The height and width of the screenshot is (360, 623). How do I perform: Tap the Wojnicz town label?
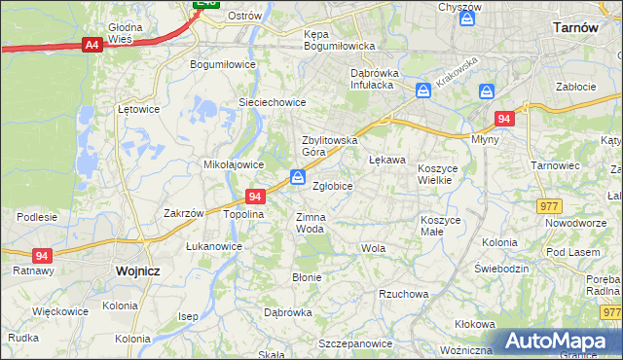pos(136,271)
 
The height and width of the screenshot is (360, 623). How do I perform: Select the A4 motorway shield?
pos(92,44)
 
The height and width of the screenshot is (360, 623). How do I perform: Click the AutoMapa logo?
pos(558,342)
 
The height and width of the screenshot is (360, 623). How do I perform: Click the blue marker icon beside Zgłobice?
pos(298,177)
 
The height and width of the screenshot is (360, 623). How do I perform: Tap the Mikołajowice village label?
pos(234,164)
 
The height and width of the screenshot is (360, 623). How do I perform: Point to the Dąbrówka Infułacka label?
pos(384,78)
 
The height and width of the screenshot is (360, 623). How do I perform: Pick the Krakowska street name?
pos(457,73)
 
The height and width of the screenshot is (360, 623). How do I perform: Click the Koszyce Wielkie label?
pos(444,174)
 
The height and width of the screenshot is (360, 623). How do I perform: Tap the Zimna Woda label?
pos(310,223)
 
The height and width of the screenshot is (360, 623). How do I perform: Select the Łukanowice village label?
pos(214,246)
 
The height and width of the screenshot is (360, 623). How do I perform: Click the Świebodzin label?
pos(500,269)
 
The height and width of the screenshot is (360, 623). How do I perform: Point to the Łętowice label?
pos(137,109)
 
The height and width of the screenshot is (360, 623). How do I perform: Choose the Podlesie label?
pos(36,216)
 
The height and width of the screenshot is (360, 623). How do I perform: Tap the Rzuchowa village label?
pos(404,294)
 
